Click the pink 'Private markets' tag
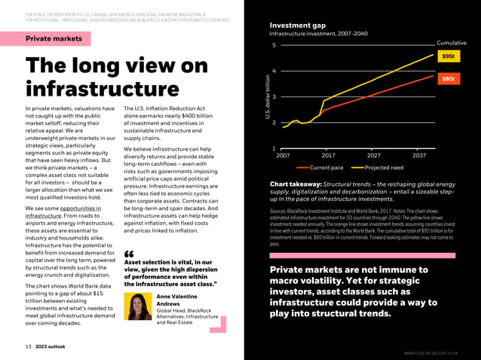(x=54, y=38)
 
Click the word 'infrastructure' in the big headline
(x=103, y=89)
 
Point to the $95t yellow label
(x=448, y=56)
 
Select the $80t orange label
(x=448, y=79)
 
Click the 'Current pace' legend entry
(x=326, y=167)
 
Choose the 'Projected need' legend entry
(x=384, y=167)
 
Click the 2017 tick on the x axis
(x=329, y=156)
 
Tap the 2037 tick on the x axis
(x=419, y=156)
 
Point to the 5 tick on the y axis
(x=274, y=46)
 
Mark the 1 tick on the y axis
(x=274, y=148)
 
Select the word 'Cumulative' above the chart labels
(x=452, y=43)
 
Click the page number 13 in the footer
(x=28, y=346)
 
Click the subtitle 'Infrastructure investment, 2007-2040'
(x=318, y=34)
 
